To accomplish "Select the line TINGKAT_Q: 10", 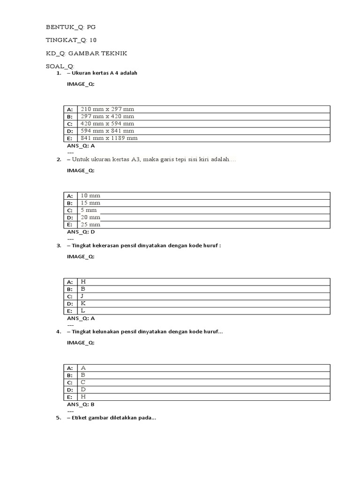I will tap(71, 40).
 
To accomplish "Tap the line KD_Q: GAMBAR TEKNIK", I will tap(86, 53).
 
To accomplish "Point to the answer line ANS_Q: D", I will tap(81, 232).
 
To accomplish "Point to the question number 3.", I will tap(59, 246).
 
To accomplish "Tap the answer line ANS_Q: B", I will tap(81, 404).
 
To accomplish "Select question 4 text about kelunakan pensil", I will tap(145, 332).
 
